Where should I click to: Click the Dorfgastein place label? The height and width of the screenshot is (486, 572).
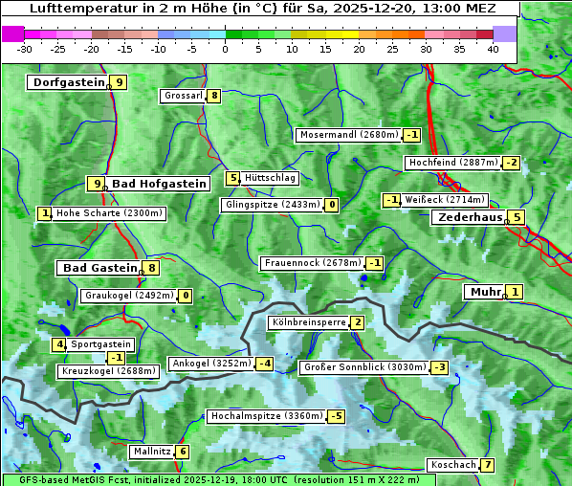pos(68,82)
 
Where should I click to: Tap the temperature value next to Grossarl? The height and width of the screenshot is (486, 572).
pos(215,96)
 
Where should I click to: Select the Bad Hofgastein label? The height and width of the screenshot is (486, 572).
pos(159,184)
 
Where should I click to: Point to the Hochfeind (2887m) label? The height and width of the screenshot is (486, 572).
pos(453,163)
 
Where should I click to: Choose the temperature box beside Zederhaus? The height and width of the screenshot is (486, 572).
pos(517,217)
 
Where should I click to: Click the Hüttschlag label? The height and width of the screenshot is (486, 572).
pos(271,178)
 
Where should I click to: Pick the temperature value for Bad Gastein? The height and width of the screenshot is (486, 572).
pos(151,268)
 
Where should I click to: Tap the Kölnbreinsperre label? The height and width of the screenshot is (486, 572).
pos(308,323)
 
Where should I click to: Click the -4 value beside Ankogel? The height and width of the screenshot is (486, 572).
pos(264,364)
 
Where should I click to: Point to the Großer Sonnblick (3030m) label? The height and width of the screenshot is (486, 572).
pos(363,367)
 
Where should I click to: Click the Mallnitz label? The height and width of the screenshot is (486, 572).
pos(152,452)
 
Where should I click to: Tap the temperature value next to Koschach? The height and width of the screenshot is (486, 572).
pos(488,465)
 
